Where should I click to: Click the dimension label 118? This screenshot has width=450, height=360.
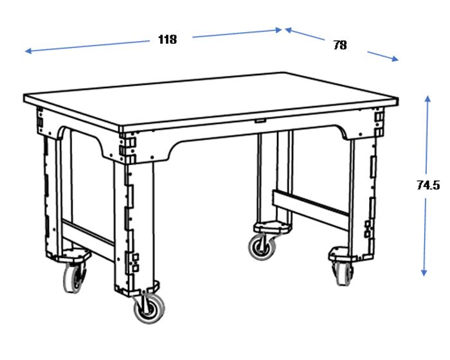(x=168, y=39)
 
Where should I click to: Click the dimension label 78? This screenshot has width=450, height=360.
(x=340, y=45)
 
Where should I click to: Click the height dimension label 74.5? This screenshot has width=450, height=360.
(x=428, y=185)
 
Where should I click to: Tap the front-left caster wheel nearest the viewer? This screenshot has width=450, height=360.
(x=149, y=309)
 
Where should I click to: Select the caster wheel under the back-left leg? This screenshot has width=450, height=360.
(x=73, y=278)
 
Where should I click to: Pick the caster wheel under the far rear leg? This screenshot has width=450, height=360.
(x=262, y=247)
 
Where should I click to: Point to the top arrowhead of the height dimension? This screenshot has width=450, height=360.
(x=428, y=99)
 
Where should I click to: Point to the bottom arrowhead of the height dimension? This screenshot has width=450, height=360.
(x=424, y=272)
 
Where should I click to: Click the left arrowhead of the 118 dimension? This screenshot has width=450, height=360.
(x=29, y=51)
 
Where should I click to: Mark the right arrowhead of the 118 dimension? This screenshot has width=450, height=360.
(x=278, y=30)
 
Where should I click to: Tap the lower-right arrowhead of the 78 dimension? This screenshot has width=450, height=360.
(x=395, y=59)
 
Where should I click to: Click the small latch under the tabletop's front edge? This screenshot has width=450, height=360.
(x=260, y=121)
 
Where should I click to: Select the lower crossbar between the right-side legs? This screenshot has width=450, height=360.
(x=310, y=210)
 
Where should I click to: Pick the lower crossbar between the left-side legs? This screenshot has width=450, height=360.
(x=89, y=240)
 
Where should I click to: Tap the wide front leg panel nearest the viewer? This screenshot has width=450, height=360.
(x=134, y=227)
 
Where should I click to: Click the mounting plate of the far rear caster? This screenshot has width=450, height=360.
(x=272, y=227)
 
